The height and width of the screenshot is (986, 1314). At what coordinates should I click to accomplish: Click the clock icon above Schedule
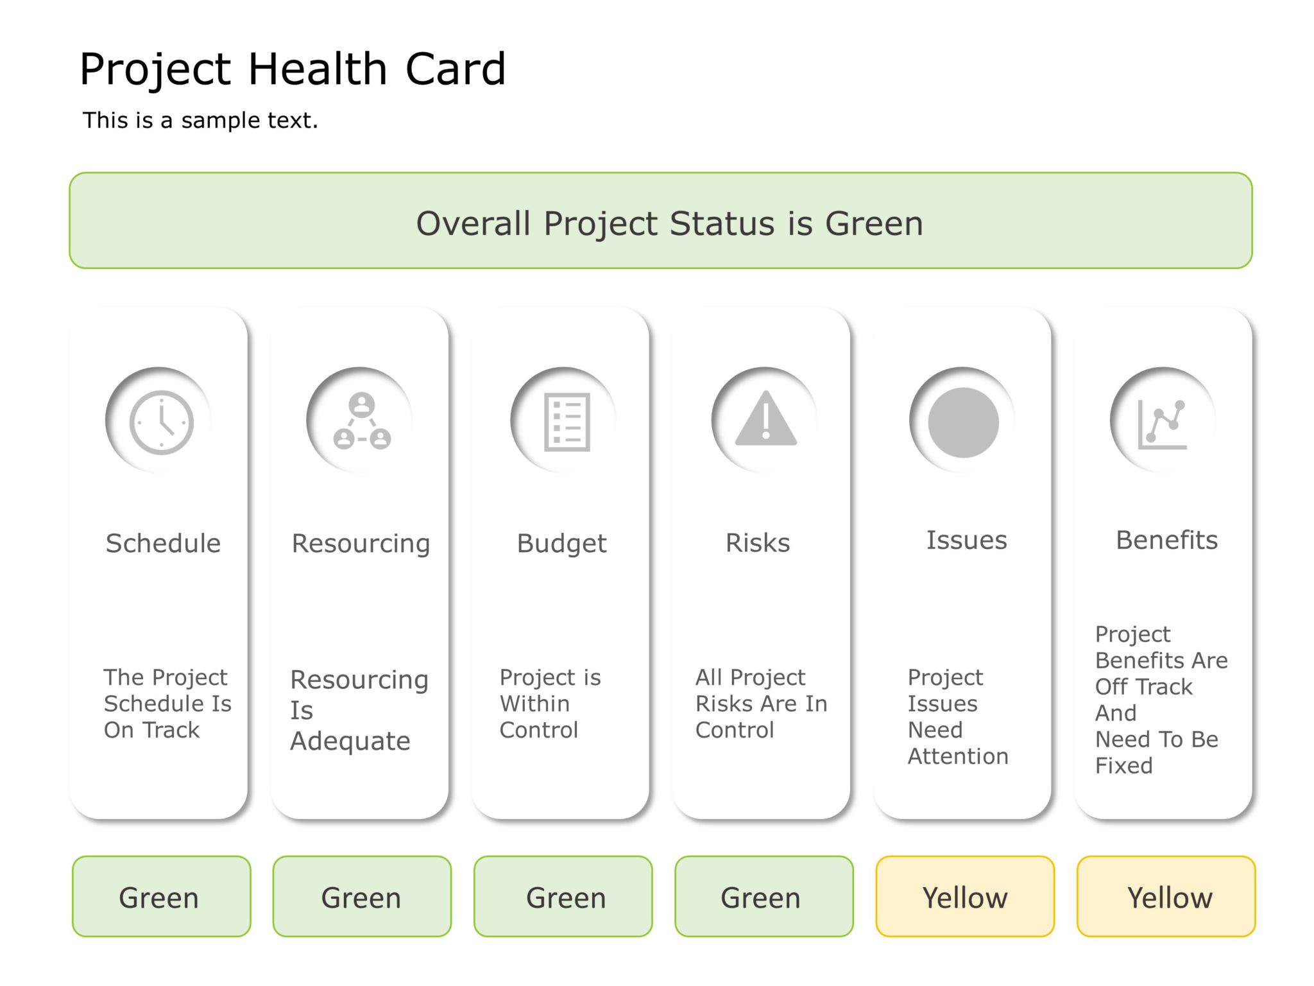161,422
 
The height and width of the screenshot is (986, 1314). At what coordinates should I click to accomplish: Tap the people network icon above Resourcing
362,422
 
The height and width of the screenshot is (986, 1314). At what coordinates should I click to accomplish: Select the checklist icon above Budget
567,422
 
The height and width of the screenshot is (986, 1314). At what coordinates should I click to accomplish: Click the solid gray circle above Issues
963,422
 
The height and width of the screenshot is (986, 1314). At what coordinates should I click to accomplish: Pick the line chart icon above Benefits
1162,424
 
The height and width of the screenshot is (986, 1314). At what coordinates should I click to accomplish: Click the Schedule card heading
163,543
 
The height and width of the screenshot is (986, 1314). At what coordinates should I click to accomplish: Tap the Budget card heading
561,543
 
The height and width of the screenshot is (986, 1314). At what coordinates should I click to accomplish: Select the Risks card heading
758,543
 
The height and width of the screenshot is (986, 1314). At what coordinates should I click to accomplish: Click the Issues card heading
966,540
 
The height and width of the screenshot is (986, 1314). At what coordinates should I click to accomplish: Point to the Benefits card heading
1166,540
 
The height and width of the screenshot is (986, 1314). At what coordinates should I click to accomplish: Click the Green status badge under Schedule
161,897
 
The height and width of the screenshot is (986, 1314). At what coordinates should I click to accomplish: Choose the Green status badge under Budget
563,897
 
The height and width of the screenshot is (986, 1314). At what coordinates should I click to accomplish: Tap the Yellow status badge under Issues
965,897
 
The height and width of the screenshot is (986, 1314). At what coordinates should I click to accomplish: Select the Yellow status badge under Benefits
1166,897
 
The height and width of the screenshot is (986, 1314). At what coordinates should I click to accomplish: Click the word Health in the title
318,69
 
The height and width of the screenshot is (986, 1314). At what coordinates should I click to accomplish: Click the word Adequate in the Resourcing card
350,741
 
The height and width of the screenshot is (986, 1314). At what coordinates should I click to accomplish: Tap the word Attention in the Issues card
958,756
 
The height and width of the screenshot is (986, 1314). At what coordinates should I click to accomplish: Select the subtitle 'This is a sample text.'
200,120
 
